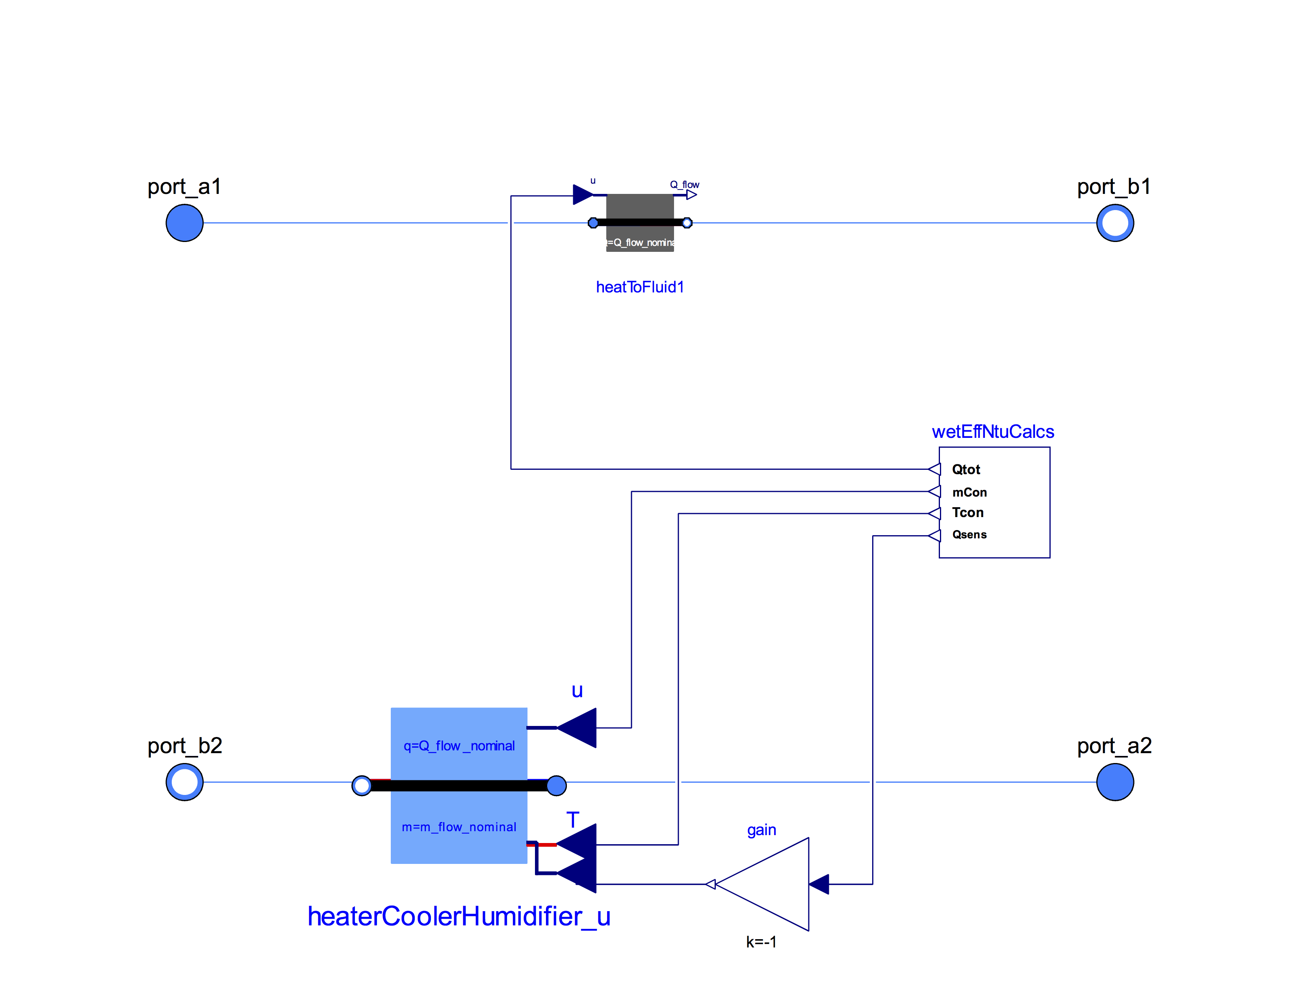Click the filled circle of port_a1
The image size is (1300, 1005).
[184, 223]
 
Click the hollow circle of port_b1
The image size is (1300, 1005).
[1114, 223]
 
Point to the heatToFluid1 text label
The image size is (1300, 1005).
[640, 287]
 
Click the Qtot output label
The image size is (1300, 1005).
[966, 469]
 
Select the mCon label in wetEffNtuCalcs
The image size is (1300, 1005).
[969, 492]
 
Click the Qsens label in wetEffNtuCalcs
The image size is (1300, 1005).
[969, 534]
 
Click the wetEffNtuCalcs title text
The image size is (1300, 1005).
[992, 432]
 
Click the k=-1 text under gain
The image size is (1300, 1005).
[761, 941]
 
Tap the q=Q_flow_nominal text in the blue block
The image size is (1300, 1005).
[459, 745]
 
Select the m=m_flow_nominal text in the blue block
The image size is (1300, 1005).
[459, 826]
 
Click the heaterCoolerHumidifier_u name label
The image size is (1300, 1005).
[459, 916]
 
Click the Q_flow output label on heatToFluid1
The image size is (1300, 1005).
[685, 184]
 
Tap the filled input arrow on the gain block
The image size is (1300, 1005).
[819, 884]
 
